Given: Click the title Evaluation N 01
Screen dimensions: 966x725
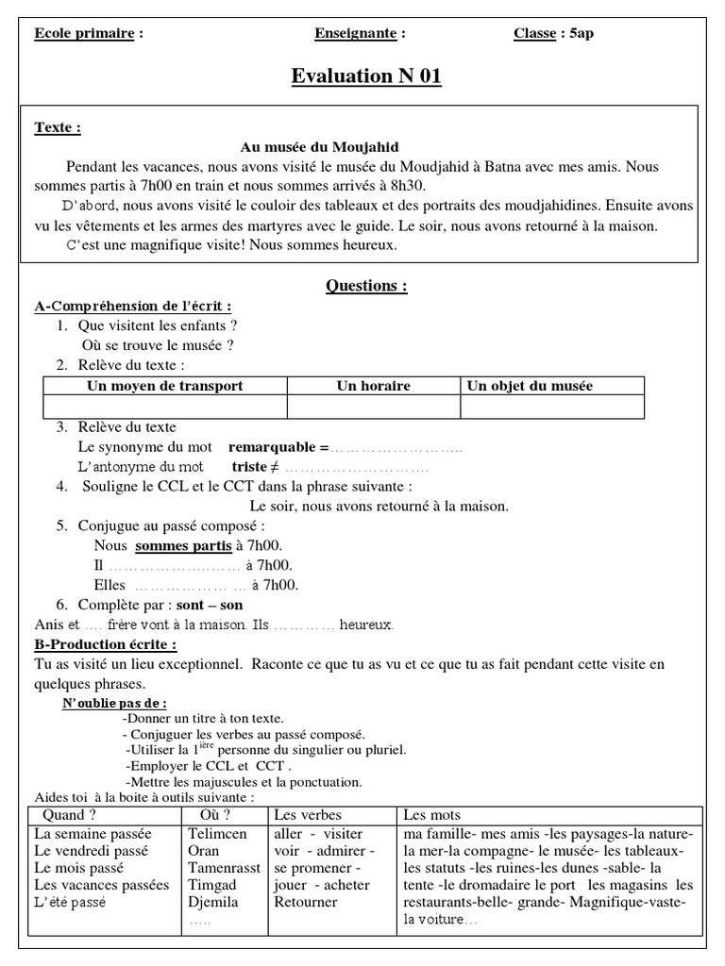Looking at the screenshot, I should click(366, 76).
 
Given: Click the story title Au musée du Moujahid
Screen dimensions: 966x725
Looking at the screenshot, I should click(320, 147).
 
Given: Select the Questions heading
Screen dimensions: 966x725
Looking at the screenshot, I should click(366, 286).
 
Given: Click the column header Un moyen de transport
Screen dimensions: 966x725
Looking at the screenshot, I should click(165, 386).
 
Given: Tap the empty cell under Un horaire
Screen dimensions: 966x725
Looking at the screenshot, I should click(373, 406).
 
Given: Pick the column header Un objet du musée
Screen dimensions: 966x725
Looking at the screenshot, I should click(531, 386).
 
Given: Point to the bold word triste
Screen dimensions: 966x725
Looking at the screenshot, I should click(249, 466).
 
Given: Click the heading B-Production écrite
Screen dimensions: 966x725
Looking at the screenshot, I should click(105, 644).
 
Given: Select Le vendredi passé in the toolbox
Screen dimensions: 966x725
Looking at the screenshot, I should click(92, 851).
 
